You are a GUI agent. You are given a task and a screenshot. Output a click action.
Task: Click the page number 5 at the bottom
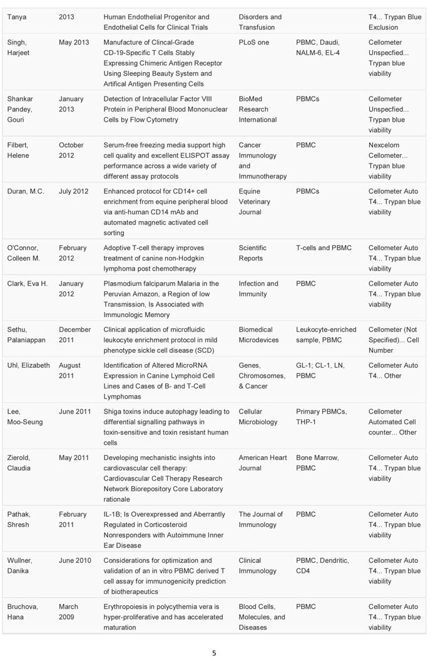214,653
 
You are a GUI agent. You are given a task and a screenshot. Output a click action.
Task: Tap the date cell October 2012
72,150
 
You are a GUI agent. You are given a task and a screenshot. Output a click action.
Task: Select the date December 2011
74,335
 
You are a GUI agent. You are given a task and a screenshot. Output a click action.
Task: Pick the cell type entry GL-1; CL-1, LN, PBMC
320,370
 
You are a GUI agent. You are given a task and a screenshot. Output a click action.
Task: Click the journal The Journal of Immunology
261,519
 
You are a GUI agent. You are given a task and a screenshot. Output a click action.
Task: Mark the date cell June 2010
75,560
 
